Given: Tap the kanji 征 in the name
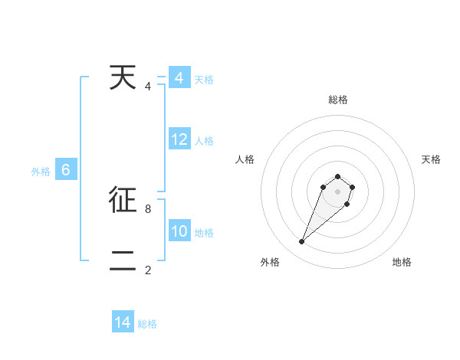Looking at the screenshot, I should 123,200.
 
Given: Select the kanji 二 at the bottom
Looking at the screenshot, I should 123,261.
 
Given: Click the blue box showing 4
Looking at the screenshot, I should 179,78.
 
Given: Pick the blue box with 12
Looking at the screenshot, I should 179,139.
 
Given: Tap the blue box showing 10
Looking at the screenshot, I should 179,231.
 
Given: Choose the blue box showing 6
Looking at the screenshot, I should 66,170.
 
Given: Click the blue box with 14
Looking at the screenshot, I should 123,322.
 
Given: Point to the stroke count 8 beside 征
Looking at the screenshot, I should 147,208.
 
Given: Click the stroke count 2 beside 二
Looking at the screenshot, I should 147,270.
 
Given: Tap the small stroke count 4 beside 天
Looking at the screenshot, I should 147,86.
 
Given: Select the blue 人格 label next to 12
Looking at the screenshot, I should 204,141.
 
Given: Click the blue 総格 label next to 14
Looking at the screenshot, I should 147,324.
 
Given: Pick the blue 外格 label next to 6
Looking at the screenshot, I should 41,172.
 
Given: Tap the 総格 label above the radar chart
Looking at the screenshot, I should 337,100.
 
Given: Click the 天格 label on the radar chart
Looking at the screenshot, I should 431,159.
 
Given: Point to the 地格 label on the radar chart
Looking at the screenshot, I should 402,262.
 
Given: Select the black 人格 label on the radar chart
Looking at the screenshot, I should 245,159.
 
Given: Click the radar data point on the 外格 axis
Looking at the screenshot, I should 301,242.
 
